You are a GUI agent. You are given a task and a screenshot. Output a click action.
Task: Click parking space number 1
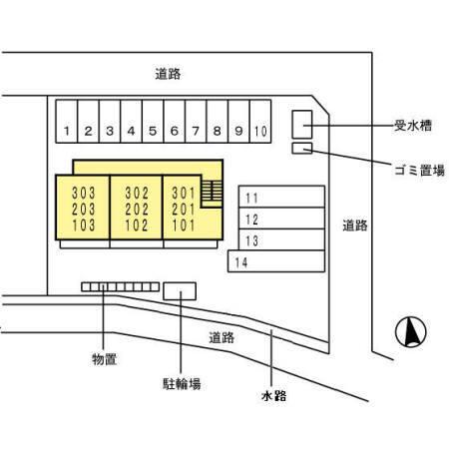pos(66,131)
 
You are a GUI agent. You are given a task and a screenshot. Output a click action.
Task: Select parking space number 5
pos(153,131)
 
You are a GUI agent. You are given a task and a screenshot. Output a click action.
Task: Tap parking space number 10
pos(260,131)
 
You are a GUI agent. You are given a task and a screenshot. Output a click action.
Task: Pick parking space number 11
pos(251,198)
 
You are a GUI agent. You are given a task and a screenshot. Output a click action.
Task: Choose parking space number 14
pos(239,262)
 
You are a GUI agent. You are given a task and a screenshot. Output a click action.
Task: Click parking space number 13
pos(251,240)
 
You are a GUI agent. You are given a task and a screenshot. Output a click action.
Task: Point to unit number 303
pos(84,193)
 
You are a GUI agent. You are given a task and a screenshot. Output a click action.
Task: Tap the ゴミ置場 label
pos(419,171)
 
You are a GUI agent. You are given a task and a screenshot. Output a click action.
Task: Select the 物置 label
pos(103,358)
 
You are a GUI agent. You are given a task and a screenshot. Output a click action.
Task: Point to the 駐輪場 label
pos(182,383)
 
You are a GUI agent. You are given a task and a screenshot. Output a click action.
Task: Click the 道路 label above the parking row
pos(167,73)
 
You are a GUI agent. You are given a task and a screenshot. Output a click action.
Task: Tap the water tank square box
pos(301,124)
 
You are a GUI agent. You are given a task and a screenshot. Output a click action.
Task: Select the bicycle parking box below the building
pos(180,289)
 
